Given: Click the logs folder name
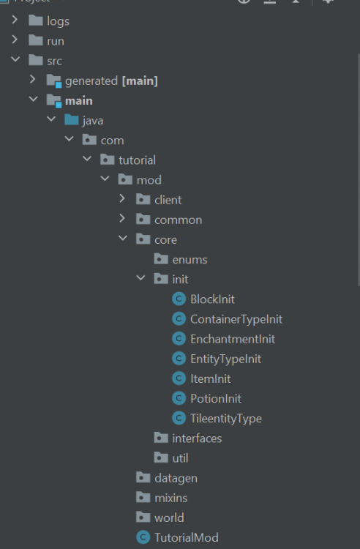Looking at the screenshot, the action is (x=58, y=21).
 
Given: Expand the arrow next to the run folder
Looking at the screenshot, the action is (x=15, y=40).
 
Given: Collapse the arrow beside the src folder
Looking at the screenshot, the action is (x=15, y=59).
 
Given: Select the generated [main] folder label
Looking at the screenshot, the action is (x=111, y=81).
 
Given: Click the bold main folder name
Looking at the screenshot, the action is (x=79, y=101).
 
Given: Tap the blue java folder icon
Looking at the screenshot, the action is (x=72, y=120).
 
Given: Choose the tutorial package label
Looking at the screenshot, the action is (x=137, y=160).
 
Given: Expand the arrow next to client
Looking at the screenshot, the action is (x=122, y=198).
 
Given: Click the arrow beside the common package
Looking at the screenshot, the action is (x=122, y=218).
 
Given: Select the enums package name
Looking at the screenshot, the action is (x=190, y=260).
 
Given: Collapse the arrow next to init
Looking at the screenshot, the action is (x=140, y=278).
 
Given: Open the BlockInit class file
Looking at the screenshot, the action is (x=212, y=299).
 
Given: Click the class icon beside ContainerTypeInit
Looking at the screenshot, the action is (x=179, y=318).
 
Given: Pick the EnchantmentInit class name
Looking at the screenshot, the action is (x=233, y=339).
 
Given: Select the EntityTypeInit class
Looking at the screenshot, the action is (x=225, y=359).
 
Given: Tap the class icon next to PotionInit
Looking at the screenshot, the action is (x=179, y=398).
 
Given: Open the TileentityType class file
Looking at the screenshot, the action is (x=226, y=419).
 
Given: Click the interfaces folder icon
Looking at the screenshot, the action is (x=161, y=438).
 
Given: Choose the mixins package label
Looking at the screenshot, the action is (x=171, y=498).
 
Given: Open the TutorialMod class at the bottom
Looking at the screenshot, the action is (x=187, y=537).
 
